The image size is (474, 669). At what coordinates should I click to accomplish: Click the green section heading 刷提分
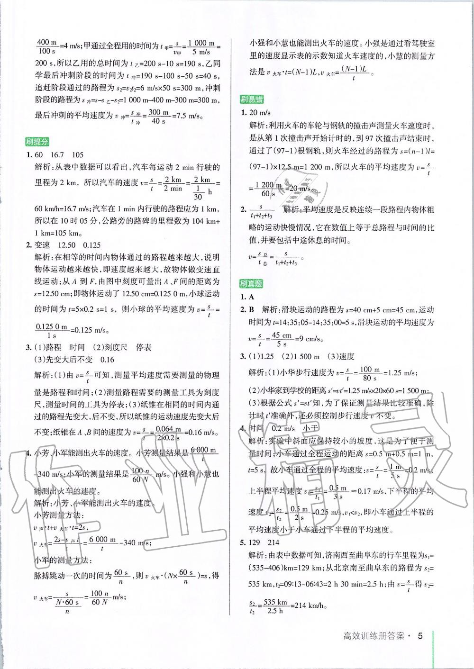[x=38, y=142]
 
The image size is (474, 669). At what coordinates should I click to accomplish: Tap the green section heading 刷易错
[x=252, y=99]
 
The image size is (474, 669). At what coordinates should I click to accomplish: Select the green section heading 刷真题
[x=252, y=284]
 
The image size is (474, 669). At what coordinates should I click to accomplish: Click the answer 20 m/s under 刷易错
[x=260, y=112]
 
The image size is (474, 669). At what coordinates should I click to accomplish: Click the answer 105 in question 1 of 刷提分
[x=77, y=155]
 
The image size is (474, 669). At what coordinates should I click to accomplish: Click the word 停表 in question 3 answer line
[x=143, y=347]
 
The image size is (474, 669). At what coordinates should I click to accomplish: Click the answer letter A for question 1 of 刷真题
[x=252, y=297]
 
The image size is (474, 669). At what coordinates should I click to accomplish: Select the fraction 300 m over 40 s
[x=158, y=117]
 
